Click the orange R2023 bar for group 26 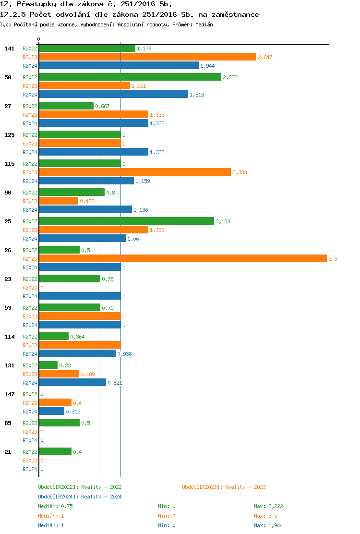(182, 259)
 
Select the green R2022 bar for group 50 (130, 77)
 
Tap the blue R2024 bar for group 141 (119, 66)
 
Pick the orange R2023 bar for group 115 (134, 172)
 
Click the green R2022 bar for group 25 (126, 221)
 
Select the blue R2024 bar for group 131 (72, 383)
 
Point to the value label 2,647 (265, 57)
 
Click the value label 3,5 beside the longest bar (333, 259)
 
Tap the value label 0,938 (124, 354)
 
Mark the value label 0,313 (73, 412)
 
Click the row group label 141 (9, 49)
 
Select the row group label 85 (8, 423)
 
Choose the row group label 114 (9, 337)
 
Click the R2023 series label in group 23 (30, 288)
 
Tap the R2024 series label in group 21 (30, 469)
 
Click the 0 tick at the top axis (39, 39)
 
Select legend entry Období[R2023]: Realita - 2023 (224, 487)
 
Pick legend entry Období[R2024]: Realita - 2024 (80, 497)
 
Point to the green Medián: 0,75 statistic (55, 506)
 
